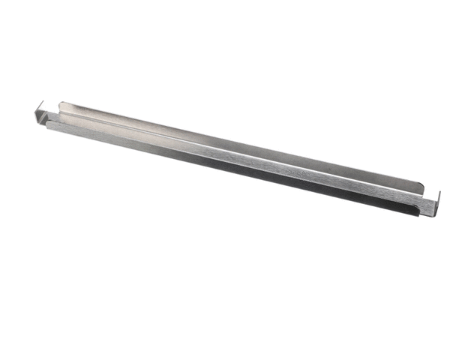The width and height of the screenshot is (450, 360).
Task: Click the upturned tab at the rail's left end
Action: tap(40, 114)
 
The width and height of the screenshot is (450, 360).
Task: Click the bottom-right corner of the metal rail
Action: tap(430, 217)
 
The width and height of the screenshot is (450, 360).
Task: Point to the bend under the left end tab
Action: tap(42, 122)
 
